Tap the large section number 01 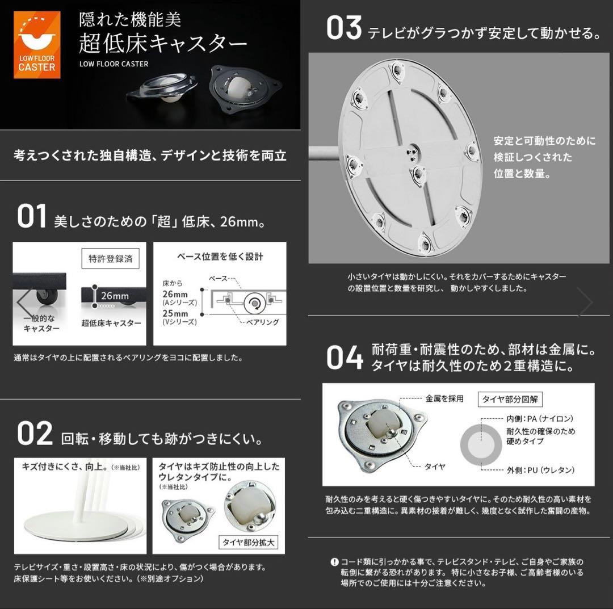coord(31,217)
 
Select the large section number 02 coord(35,434)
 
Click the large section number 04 coord(345,358)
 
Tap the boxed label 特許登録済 coord(110,258)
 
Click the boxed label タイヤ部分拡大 coord(248,542)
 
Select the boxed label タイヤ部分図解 coord(510,399)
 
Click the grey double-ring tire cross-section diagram coord(480,444)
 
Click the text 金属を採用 coord(444,398)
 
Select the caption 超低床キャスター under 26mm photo coord(111,323)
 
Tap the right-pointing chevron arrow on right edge coord(585,301)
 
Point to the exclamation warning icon coord(334,562)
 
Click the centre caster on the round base coord(418,173)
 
